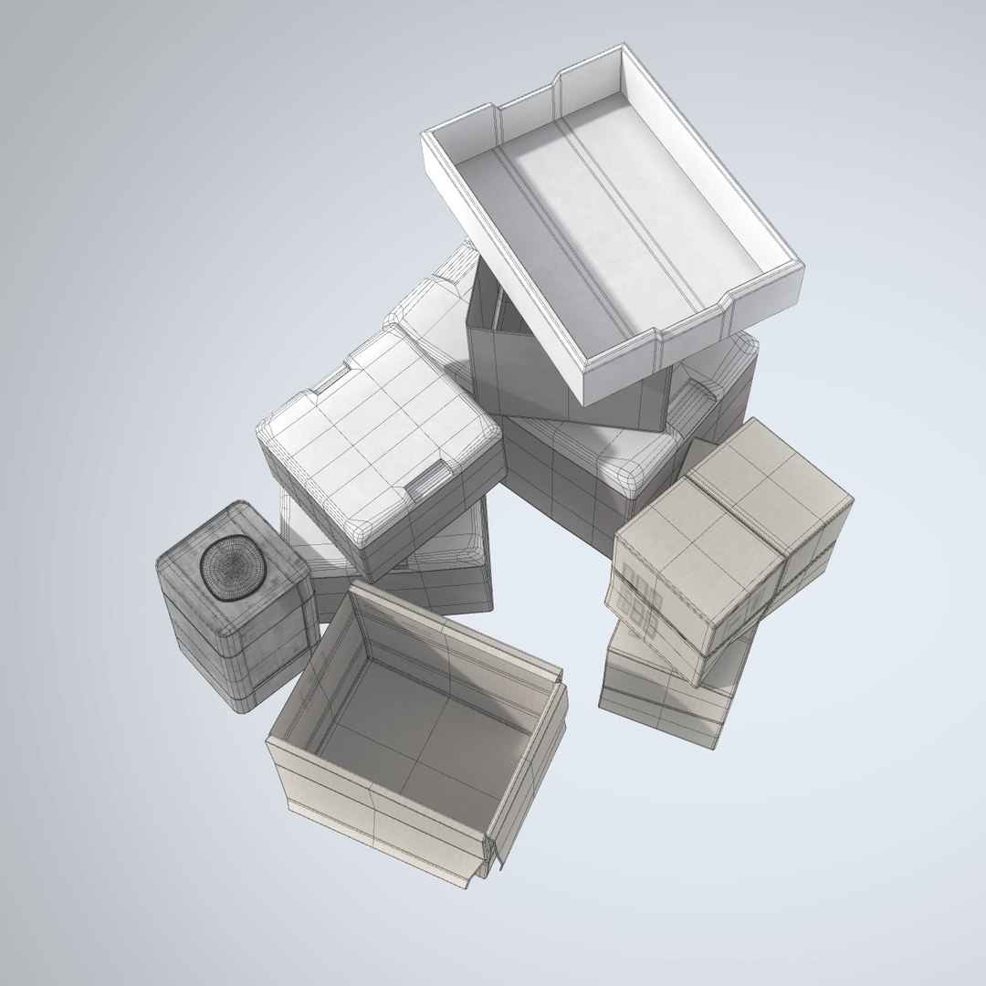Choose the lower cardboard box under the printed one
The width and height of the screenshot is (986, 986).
click(x=666, y=694)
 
